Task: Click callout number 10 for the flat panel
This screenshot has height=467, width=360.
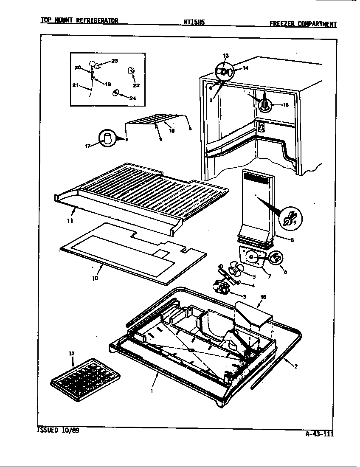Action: coord(95,279)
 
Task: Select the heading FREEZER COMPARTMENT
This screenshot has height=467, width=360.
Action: coord(303,24)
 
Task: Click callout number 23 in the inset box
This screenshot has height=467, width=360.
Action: coord(115,61)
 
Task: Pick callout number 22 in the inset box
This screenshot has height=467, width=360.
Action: coord(136,85)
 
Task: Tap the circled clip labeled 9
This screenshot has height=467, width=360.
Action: coord(288,217)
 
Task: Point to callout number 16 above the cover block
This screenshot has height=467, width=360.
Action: coord(263,298)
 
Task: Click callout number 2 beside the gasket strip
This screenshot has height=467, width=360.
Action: coord(296,367)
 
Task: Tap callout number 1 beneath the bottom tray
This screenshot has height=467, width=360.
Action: coord(152,391)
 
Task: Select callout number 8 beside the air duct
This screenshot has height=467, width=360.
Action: coord(292,240)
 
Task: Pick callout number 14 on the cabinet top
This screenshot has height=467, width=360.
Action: coord(245,68)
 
